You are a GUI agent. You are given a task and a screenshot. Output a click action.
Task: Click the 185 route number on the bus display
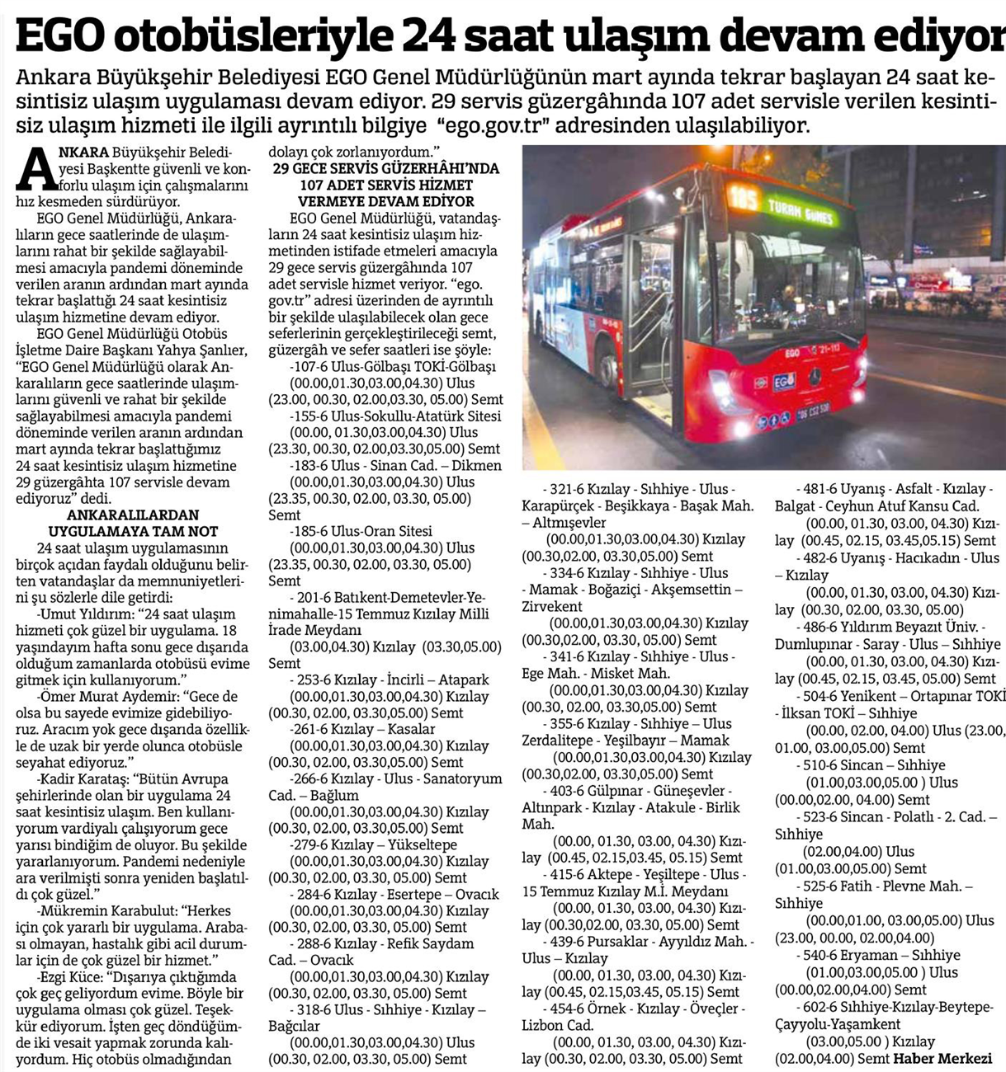(744, 199)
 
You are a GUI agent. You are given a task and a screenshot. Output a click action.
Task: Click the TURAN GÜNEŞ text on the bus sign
(800, 211)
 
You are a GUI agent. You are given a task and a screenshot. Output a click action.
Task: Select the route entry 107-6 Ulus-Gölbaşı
(394, 367)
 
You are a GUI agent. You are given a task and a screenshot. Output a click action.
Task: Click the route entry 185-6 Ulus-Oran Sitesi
(361, 532)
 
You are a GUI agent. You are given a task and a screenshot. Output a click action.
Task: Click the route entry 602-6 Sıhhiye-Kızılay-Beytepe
(895, 1008)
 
